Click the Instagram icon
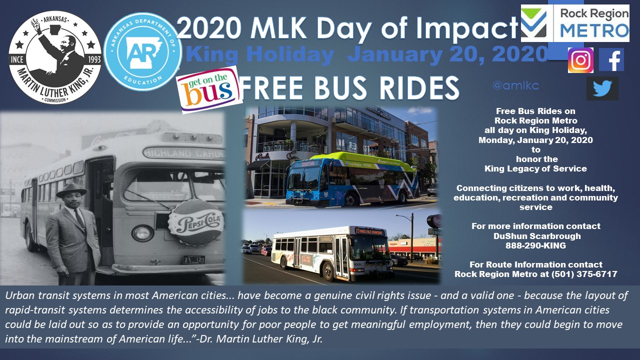click(x=580, y=60)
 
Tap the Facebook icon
click(x=611, y=59)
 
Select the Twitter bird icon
click(x=602, y=88)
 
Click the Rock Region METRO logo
click(x=575, y=23)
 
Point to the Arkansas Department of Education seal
click(x=142, y=51)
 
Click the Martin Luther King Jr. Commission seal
click(x=55, y=57)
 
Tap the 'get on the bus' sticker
click(x=208, y=89)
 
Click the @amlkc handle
click(x=515, y=85)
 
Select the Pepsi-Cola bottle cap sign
click(x=196, y=222)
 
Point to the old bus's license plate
click(x=194, y=260)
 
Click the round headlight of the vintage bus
click(x=142, y=233)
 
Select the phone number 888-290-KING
click(x=535, y=245)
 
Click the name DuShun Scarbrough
click(x=537, y=236)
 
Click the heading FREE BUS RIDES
click(x=349, y=87)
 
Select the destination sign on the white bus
click(x=369, y=231)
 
